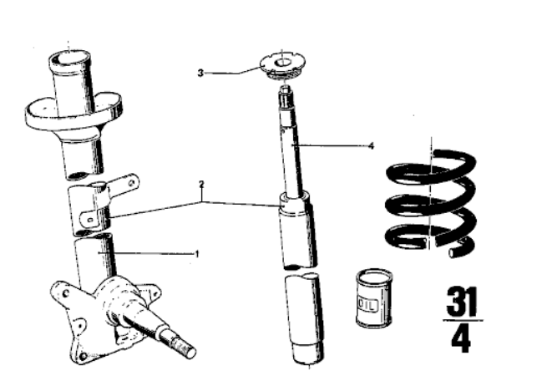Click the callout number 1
(x=197, y=253)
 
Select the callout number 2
(x=201, y=183)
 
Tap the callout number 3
(x=200, y=73)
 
